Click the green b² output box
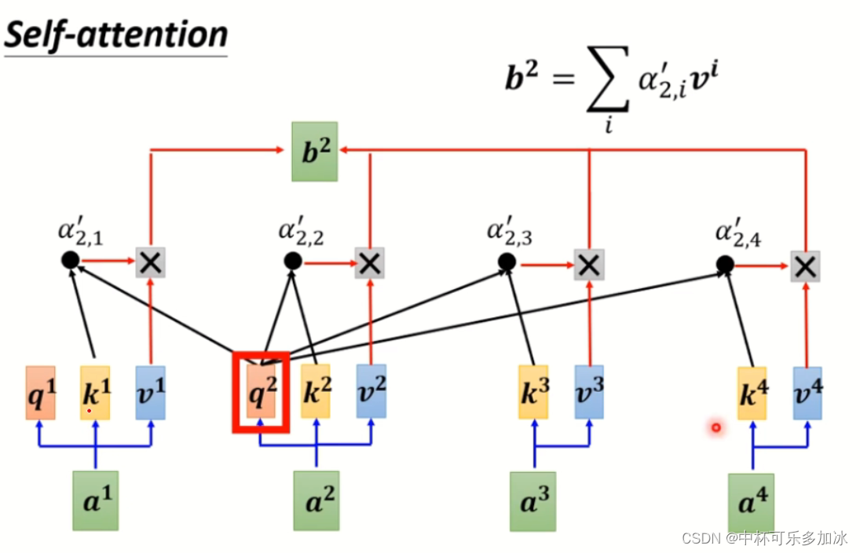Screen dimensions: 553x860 click(314, 151)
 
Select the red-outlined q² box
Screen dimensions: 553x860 click(262, 392)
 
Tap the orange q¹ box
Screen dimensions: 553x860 click(41, 392)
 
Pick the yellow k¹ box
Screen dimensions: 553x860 click(95, 392)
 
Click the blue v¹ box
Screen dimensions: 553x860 click(150, 392)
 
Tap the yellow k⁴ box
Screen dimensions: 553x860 click(752, 392)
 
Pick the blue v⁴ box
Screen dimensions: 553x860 click(807, 392)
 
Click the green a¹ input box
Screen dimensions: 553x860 click(96, 500)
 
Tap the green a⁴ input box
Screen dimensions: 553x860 click(751, 503)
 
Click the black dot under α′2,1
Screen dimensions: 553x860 click(70, 260)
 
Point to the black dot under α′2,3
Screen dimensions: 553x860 click(507, 262)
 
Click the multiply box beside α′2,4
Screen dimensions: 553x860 click(805, 266)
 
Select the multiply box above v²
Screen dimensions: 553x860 click(369, 262)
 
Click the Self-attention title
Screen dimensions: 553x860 click(116, 35)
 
